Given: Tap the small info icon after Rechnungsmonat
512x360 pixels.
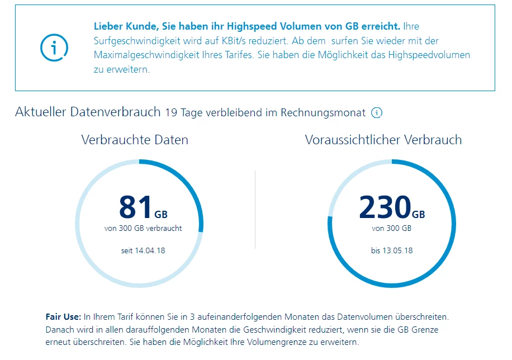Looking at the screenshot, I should tap(377, 113).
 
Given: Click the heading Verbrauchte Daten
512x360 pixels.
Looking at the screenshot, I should tap(135, 140).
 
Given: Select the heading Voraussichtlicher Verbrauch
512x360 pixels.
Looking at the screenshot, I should tap(383, 140).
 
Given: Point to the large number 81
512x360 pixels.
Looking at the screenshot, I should tap(135, 206).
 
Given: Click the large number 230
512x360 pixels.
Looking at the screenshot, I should tap(385, 206).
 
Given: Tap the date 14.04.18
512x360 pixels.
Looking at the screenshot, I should tap(150, 250).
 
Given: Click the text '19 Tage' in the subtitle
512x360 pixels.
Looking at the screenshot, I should tap(183, 113).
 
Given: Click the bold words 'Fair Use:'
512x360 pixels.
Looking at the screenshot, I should tap(63, 317).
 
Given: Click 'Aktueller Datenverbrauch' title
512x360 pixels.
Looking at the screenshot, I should tap(88, 112).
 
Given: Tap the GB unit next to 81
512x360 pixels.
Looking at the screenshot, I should tap(160, 214).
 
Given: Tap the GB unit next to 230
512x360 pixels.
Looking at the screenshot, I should tap(418, 214).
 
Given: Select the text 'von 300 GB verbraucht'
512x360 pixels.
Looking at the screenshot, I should tap(143, 228).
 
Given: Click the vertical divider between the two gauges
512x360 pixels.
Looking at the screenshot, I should tap(255, 210).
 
